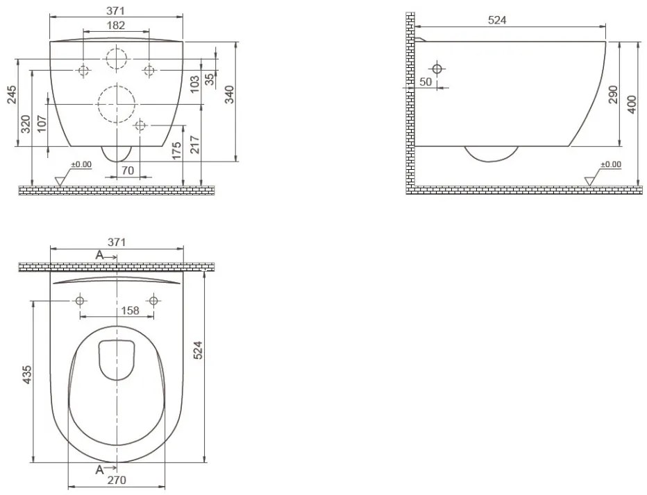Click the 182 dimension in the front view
(116, 25)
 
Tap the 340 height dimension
(230, 94)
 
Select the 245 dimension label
(12, 94)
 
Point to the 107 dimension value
(42, 123)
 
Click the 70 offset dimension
(128, 170)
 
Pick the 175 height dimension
(176, 151)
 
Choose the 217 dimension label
(195, 144)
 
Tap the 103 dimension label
(195, 84)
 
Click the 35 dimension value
(210, 79)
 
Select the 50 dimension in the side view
(426, 82)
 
